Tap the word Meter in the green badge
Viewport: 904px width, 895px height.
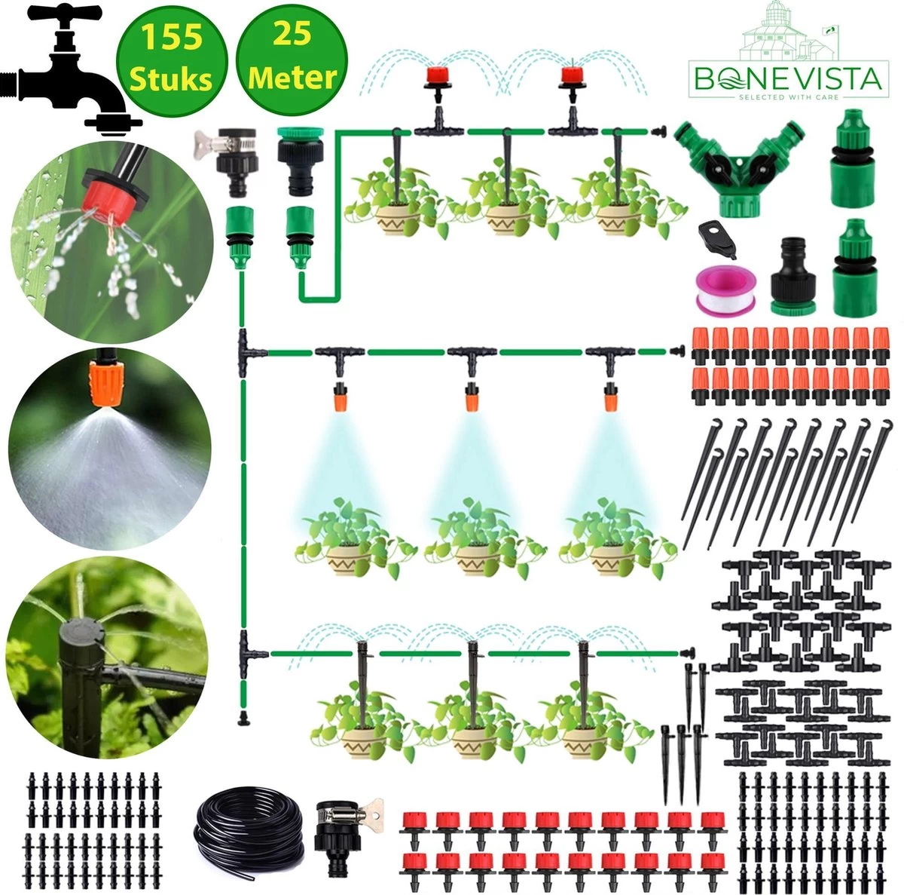(x=292, y=77)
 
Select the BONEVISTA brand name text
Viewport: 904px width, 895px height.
(x=787, y=79)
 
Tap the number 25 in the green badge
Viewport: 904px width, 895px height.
(x=292, y=35)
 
